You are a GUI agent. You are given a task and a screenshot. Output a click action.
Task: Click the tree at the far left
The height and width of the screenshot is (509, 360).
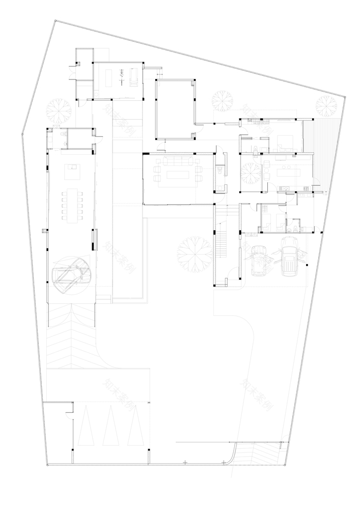pos(58,108)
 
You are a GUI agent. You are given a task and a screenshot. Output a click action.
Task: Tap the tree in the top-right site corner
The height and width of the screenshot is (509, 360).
pos(325,106)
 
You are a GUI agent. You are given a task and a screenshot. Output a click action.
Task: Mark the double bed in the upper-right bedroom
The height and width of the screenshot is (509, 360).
pos(283,143)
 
